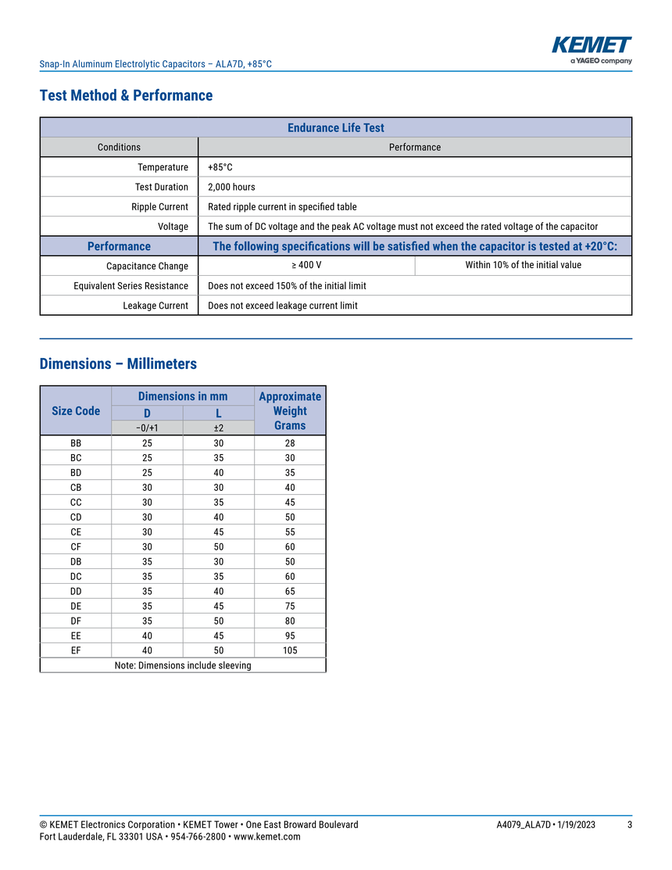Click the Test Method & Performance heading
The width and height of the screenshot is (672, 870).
[x=126, y=95]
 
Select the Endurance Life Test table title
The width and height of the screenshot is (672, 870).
[x=336, y=127]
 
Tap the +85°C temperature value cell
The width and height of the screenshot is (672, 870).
[x=220, y=167]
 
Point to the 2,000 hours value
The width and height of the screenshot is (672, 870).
[x=231, y=187]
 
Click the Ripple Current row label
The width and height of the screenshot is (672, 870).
[x=159, y=207]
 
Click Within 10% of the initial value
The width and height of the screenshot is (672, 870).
[x=523, y=265]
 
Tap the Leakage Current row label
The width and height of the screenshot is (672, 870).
[x=155, y=306]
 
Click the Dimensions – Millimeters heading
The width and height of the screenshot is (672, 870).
[x=118, y=363]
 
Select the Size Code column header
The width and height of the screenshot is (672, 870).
[x=76, y=410]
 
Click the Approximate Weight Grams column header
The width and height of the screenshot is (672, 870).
[x=290, y=410]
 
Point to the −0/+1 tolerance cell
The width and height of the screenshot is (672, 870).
[x=147, y=428]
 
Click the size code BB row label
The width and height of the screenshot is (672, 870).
[x=76, y=443]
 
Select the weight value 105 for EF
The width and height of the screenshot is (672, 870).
[x=290, y=650]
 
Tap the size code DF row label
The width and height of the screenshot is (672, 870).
[x=76, y=621]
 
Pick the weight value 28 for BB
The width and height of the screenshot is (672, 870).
[x=290, y=443]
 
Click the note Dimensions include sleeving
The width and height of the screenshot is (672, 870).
[x=183, y=665]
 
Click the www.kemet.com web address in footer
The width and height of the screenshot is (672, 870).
[x=266, y=837]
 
